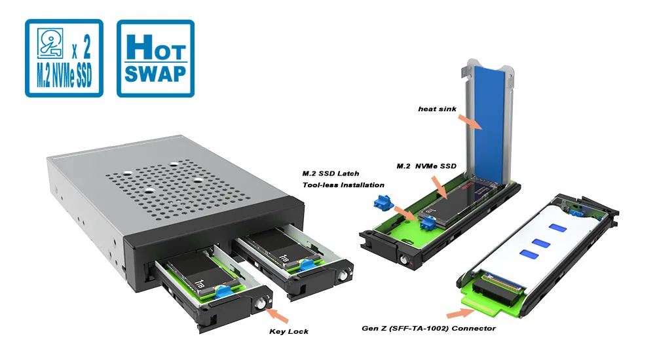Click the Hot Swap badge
155,58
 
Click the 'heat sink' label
438,109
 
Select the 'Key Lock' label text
289,331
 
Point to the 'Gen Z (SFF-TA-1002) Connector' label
429,328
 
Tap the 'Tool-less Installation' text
343,185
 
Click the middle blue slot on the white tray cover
538,242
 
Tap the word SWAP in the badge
155,73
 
